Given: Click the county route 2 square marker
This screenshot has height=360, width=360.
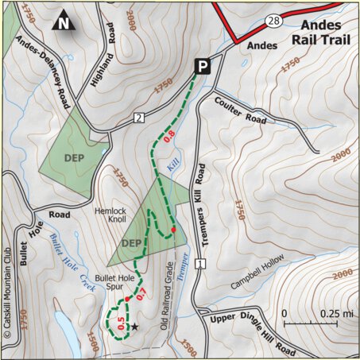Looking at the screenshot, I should click(138, 118).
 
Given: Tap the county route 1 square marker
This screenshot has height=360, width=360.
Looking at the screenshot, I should click(199, 263).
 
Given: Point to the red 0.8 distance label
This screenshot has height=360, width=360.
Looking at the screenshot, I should click(168, 137).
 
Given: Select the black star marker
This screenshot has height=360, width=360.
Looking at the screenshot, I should click(134, 327).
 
